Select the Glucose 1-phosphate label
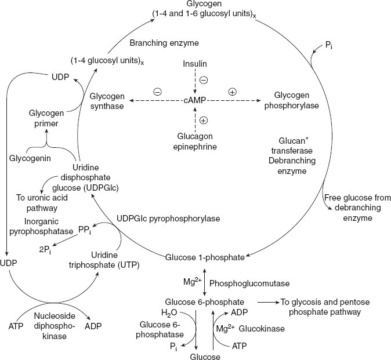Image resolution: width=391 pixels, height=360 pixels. pyautogui.click(x=207, y=257)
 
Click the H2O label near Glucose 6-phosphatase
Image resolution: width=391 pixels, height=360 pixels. pyautogui.click(x=170, y=314)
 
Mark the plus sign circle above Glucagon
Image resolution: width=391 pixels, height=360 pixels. pyautogui.click(x=204, y=121)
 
